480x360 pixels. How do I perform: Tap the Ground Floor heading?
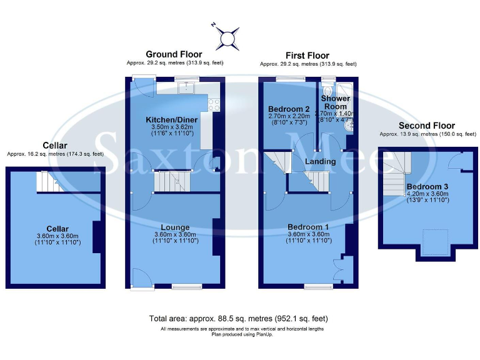tap(174, 55)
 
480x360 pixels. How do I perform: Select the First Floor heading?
tap(307, 56)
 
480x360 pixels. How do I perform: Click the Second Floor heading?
tap(427, 126)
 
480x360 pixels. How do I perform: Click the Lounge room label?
tap(174, 227)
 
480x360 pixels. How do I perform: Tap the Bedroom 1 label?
tap(308, 226)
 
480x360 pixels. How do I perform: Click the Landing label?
tap(320, 162)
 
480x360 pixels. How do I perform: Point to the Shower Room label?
tap(336, 102)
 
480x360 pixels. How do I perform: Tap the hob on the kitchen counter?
tap(214, 104)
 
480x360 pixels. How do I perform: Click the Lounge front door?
tap(141, 278)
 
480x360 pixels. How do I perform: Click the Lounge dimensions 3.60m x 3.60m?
tap(174, 235)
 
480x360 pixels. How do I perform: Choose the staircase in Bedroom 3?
tap(395, 174)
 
